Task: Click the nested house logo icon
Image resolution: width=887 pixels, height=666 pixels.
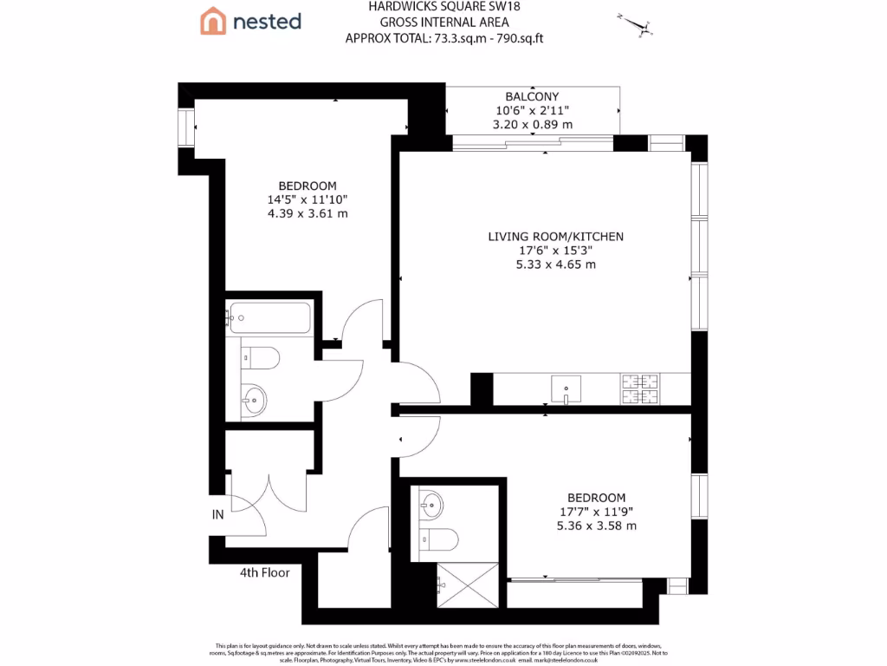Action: (x=213, y=21)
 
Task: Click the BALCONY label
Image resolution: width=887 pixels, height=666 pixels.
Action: (x=532, y=96)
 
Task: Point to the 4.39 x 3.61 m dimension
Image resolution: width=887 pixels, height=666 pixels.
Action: (x=308, y=213)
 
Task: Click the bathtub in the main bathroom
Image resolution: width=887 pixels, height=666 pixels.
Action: (x=269, y=318)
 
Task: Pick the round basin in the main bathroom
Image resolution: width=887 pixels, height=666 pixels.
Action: (x=254, y=400)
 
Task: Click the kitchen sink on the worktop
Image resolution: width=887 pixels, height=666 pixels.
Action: (x=566, y=388)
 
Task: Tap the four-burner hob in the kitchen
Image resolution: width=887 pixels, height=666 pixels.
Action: (x=639, y=388)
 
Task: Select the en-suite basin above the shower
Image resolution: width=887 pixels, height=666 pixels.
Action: (x=431, y=502)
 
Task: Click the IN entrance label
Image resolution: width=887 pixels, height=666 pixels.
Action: (x=217, y=514)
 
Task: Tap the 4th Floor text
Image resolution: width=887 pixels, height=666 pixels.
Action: (x=264, y=572)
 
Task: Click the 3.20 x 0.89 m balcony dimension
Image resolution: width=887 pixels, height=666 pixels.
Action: (x=532, y=124)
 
